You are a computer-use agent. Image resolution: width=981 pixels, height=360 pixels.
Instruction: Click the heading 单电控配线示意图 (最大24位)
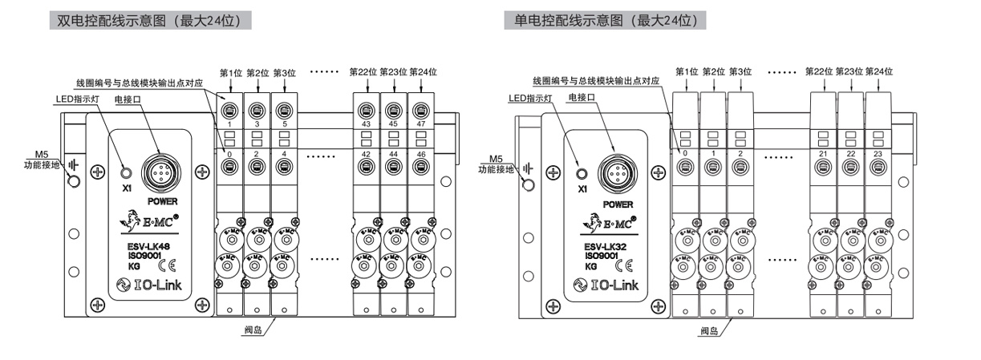(x=603, y=20)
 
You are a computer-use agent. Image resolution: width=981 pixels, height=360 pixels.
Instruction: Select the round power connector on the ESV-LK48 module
(x=157, y=171)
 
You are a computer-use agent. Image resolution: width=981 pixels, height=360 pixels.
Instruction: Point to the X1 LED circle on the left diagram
(x=125, y=172)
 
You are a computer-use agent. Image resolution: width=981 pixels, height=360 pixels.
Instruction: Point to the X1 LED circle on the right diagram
(x=582, y=172)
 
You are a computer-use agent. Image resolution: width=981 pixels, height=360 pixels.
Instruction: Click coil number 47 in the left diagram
(x=420, y=124)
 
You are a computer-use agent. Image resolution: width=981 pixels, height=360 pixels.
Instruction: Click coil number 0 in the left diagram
(x=229, y=152)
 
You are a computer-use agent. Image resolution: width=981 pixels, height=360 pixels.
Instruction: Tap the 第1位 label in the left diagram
(x=230, y=72)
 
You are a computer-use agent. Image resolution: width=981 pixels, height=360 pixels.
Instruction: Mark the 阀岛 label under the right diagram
(x=707, y=330)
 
